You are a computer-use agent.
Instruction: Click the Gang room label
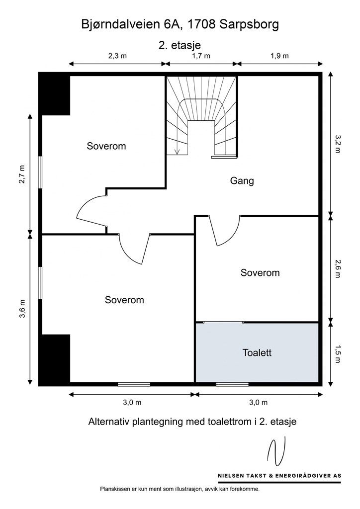click(242, 181)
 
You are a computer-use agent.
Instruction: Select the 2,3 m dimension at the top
click(117, 56)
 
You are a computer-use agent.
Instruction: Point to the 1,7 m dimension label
click(201, 56)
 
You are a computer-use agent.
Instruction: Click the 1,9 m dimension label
click(279, 56)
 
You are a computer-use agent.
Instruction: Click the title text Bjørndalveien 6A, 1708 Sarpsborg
click(180, 24)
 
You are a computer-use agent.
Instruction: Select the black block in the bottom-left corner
click(55, 359)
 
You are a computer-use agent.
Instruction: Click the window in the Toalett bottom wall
click(232, 384)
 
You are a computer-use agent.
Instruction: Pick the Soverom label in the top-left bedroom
click(106, 146)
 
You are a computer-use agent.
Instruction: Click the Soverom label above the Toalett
click(260, 272)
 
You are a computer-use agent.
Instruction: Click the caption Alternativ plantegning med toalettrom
click(192, 422)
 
